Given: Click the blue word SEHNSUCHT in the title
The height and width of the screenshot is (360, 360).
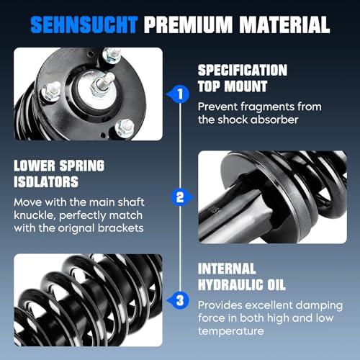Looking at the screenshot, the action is (x=84, y=24).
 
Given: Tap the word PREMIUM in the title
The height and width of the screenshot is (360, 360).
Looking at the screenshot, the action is (x=189, y=24).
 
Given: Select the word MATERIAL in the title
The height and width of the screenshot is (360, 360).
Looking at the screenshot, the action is (x=285, y=24).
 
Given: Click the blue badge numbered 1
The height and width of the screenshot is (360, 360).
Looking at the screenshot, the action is (x=179, y=94).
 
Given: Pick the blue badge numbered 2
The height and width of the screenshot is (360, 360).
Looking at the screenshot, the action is (x=181, y=197).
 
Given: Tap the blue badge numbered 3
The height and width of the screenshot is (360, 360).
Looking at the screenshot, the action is (x=179, y=300).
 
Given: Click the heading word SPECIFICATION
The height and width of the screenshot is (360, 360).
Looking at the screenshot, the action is (x=243, y=71).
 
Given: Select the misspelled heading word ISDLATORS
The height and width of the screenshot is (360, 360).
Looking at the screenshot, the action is (x=46, y=181).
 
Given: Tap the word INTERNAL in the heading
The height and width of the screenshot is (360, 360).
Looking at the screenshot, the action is (x=227, y=269).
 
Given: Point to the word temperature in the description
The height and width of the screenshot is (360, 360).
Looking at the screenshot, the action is (x=231, y=331).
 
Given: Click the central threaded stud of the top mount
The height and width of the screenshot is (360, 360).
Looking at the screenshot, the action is (x=103, y=84).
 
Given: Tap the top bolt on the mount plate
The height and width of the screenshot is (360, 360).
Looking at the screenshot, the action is (x=112, y=55).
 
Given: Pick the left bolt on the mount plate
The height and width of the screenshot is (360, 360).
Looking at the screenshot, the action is (x=51, y=91).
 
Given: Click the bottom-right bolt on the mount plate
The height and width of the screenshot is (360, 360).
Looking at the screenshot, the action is (x=125, y=128).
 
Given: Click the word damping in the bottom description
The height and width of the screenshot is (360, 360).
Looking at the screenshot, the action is (x=319, y=306).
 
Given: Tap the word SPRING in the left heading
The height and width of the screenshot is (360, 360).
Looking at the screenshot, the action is (x=82, y=166).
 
